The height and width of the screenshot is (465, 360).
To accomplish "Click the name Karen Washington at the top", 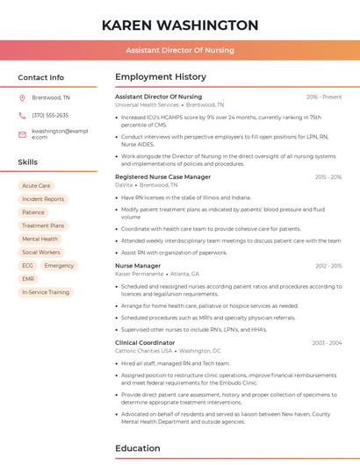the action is pos(180,25).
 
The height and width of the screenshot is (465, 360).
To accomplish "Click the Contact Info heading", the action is pos(41,77).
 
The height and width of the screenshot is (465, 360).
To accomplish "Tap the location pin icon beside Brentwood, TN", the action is pos(23,97).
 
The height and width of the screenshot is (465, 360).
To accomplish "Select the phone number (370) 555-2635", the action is pos(50,115).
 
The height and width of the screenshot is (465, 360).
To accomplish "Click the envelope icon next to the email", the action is pos(23,133).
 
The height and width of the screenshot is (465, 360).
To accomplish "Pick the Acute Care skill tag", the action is pos(36,186).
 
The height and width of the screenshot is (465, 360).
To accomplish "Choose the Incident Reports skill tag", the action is pos(43,199).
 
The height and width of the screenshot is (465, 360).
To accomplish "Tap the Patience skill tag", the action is pos(33,212).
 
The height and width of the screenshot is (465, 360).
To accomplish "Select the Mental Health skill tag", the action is pos(40,239).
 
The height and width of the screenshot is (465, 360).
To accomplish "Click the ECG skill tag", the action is pos(27,265).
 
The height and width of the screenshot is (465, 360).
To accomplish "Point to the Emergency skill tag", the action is pos(59,265).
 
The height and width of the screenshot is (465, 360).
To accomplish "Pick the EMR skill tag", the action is pos(28,278).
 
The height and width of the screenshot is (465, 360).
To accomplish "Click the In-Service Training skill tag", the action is pos(46,291).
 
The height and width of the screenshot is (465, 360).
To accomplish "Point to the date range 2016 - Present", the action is pos(324,97).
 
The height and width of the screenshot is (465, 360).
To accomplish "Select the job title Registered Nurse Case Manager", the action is pos(163,176).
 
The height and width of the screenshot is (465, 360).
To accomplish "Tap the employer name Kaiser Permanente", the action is pos(139,273).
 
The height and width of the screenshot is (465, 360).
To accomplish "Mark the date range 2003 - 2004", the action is pos(326,343).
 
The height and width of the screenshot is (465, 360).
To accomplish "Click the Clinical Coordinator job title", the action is pos(145,343).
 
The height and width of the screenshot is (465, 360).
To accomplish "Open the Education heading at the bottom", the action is pos(138,448).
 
